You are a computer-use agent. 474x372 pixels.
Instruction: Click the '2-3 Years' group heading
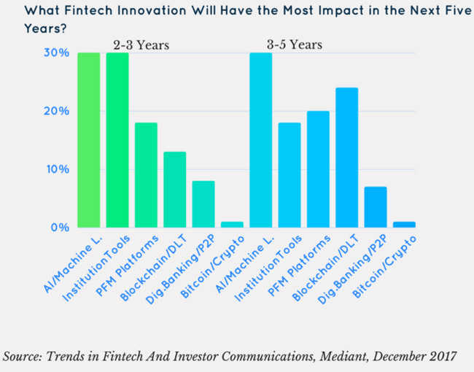[141, 45]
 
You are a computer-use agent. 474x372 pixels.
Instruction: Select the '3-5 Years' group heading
[295, 45]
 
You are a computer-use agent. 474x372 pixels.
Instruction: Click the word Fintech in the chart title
[96, 11]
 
